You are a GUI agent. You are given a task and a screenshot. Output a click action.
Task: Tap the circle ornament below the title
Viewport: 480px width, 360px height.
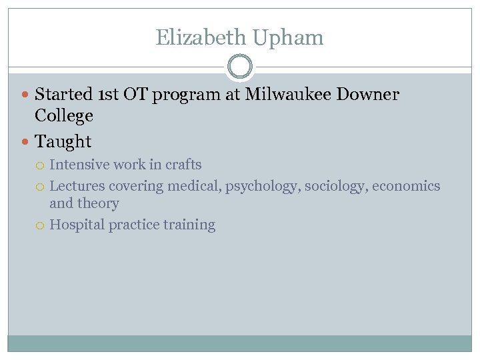tap(240, 67)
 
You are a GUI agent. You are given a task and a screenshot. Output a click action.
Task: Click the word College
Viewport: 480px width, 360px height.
tap(64, 116)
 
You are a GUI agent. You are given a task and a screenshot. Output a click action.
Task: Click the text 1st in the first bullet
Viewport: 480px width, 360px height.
tap(107, 95)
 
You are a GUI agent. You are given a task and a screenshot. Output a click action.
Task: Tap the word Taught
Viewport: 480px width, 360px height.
tap(63, 141)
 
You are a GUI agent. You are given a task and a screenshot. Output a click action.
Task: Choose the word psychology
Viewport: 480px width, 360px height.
tap(263, 186)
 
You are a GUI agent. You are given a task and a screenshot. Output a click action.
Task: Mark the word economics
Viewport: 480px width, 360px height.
tap(406, 186)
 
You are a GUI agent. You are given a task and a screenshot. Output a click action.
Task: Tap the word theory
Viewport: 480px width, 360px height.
tap(98, 204)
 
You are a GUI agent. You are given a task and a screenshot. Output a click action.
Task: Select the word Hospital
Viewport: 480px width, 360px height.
tap(77, 225)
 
